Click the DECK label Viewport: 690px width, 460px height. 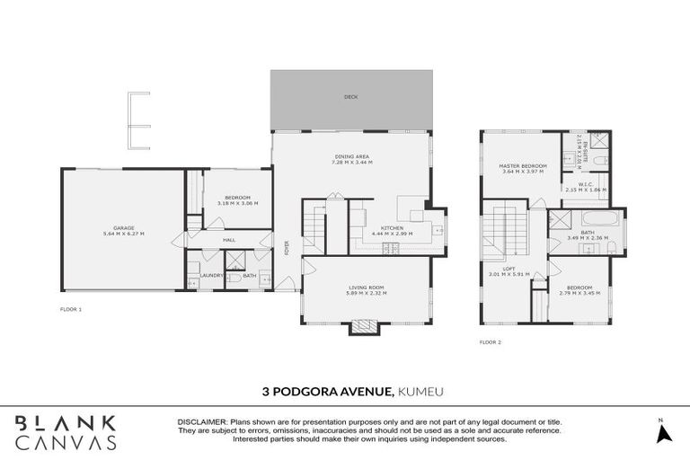pyautogui.click(x=350, y=97)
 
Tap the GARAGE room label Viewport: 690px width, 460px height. pyautogui.click(x=124, y=228)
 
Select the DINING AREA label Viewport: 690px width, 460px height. pyautogui.click(x=350, y=156)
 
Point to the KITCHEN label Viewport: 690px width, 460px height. pyautogui.click(x=393, y=228)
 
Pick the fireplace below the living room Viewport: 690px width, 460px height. pyautogui.click(x=362, y=329)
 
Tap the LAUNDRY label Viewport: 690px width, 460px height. pyautogui.click(x=212, y=276)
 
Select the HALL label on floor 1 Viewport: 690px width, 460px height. pyautogui.click(x=229, y=240)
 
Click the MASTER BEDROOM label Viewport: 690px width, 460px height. pyautogui.click(x=522, y=166)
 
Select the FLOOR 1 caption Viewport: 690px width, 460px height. pyautogui.click(x=71, y=308)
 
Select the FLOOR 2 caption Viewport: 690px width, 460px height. pyautogui.click(x=491, y=342)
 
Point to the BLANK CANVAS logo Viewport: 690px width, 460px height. pyautogui.click(x=66, y=431)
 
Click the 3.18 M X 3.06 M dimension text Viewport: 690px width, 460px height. pyautogui.click(x=237, y=203)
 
